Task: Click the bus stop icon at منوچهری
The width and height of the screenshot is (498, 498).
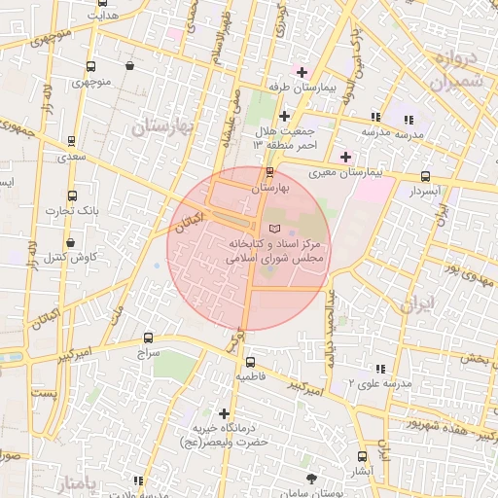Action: click(90, 67)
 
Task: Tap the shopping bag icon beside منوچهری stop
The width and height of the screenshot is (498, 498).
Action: click(129, 66)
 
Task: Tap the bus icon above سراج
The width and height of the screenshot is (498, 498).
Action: click(147, 338)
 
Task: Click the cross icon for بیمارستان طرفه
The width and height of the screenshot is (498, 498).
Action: click(302, 73)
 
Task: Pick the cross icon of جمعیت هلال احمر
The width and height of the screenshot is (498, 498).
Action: click(283, 116)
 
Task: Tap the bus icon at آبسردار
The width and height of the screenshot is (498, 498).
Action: click(426, 176)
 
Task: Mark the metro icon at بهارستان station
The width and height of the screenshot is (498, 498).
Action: click(269, 172)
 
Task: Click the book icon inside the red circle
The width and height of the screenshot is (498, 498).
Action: click(271, 227)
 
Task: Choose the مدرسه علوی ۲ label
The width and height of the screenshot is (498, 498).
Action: click(352, 382)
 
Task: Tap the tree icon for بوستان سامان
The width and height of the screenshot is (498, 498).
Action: click(311, 479)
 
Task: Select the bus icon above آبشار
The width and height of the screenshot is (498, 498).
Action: click(362, 456)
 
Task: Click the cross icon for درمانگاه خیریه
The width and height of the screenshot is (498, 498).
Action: click(225, 413)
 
